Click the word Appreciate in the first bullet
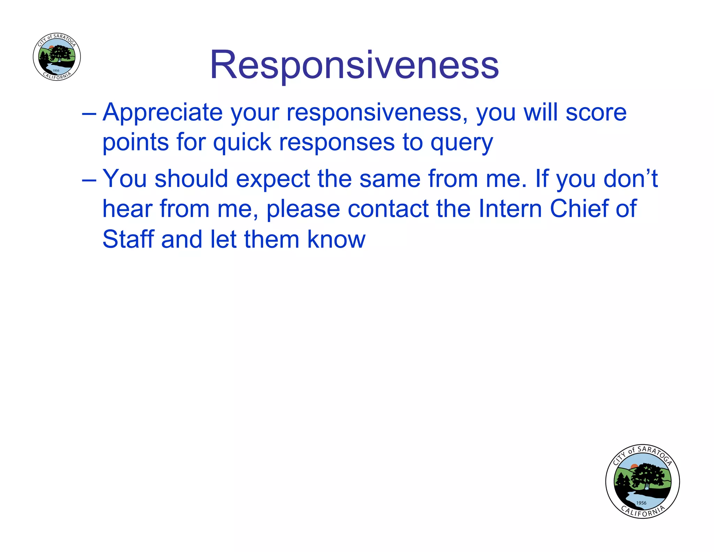tap(162, 113)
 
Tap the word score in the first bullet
tap(596, 113)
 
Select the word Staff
tap(128, 239)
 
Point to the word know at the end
tap(336, 239)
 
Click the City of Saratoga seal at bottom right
tap(642, 482)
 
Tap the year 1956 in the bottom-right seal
tap(641, 503)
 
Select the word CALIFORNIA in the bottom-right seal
tap(643, 512)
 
